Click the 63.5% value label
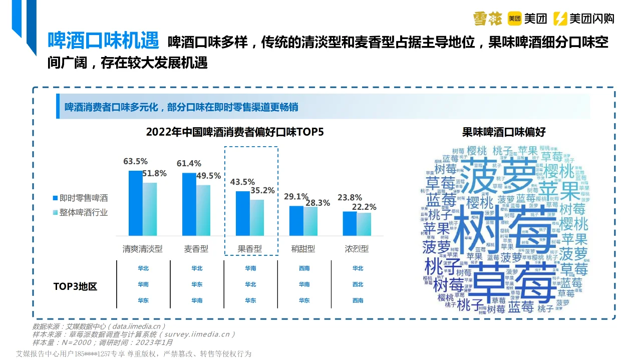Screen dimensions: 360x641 point(135,161)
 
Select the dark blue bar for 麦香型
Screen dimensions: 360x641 point(189,204)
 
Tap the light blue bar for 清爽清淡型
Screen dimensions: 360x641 point(150,209)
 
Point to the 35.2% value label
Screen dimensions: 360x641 point(262,190)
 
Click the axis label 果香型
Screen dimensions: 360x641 point(250,249)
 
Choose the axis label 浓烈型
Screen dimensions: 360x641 point(357,249)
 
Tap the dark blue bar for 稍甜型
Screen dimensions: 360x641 point(296,221)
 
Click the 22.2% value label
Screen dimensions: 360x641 point(364,207)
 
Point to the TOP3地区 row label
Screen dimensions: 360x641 point(75,286)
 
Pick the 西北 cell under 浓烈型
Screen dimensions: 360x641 point(358,284)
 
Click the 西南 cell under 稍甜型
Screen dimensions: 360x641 point(304,268)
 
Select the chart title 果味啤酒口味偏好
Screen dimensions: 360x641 point(504,132)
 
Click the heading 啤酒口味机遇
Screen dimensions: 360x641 point(103,41)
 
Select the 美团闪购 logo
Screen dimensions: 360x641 point(584,19)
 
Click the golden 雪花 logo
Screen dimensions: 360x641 point(488,19)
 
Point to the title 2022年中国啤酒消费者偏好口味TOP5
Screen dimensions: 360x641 point(235,132)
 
